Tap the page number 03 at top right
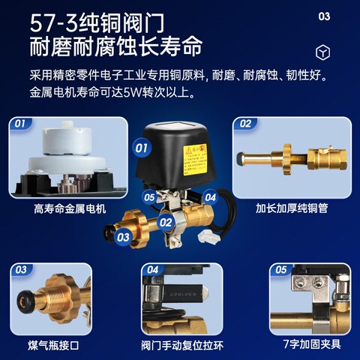coord(324,16)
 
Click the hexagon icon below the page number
coord(323,52)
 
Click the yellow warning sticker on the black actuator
coord(196,154)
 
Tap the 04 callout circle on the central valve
coord(211,197)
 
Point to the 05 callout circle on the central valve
coord(150,198)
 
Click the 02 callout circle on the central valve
coord(166,222)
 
